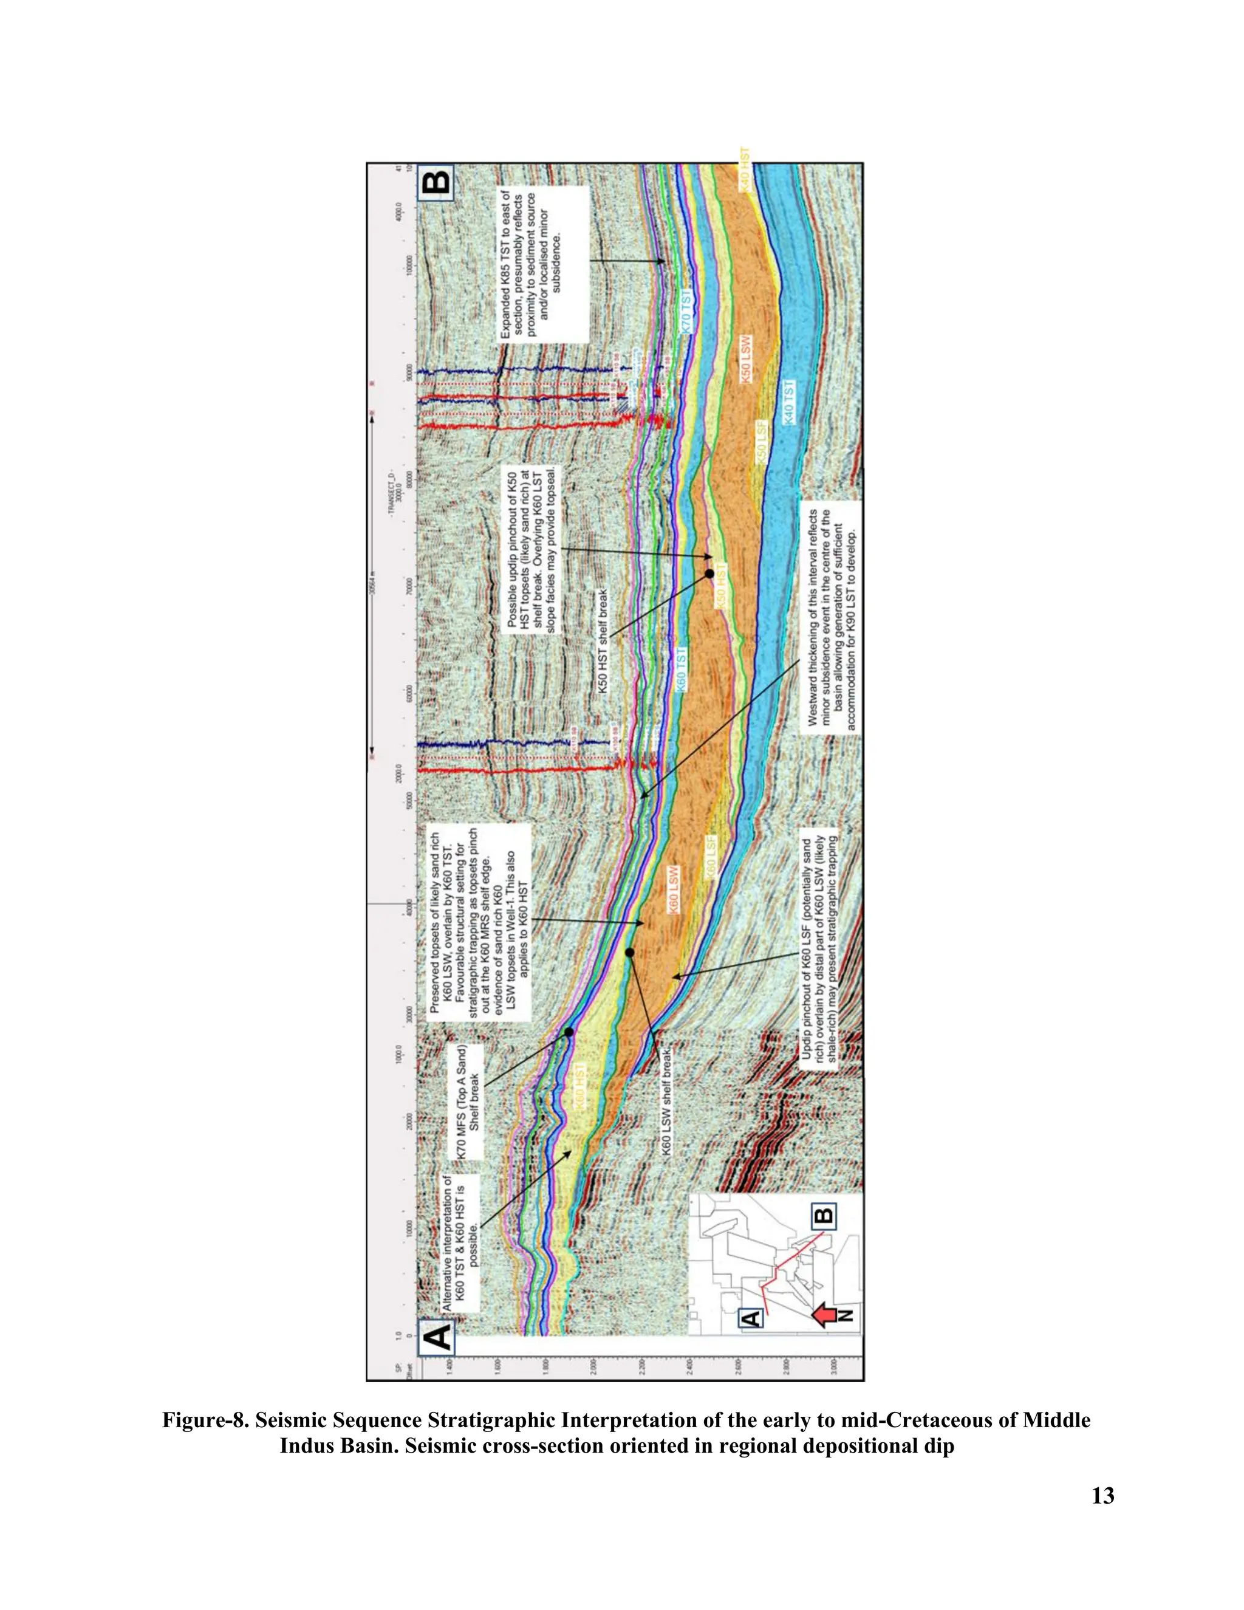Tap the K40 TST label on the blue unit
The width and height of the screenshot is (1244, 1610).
coord(788,402)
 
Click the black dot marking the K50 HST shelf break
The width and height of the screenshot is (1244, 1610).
coord(709,573)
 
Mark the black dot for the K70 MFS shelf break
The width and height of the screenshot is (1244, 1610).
coord(569,1032)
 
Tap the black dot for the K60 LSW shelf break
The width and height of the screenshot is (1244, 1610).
coord(629,953)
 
